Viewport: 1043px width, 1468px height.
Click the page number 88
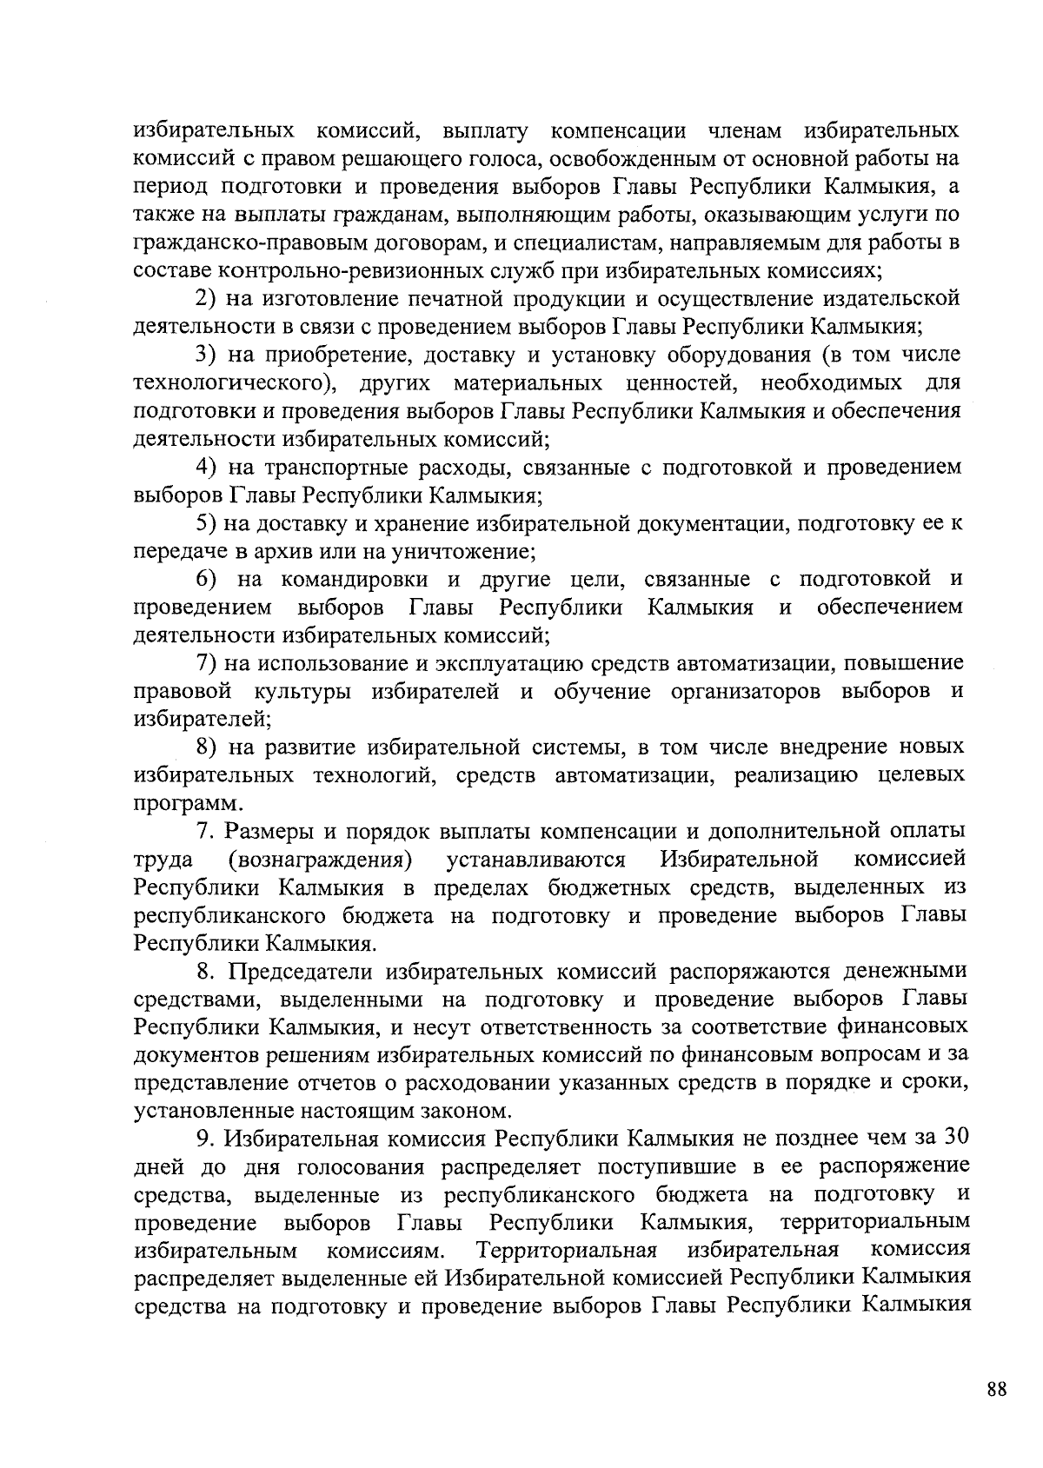[x=997, y=1389]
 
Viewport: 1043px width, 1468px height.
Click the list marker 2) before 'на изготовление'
[x=205, y=300]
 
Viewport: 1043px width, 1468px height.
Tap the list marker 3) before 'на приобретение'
[x=205, y=355]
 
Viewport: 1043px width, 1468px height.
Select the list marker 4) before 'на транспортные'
[x=205, y=468]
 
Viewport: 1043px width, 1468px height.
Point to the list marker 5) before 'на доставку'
[x=205, y=523]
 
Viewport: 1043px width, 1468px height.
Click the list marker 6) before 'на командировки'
[x=205, y=579]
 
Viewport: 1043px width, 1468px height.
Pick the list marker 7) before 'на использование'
[x=205, y=663]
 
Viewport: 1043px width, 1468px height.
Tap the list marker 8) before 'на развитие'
[x=205, y=747]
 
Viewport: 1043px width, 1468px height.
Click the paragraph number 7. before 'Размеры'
[x=204, y=831]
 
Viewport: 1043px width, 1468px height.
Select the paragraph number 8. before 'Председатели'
[x=204, y=971]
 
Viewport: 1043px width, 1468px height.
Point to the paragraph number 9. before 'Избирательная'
[x=204, y=1138]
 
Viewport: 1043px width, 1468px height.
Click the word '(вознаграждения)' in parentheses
[x=319, y=860]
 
